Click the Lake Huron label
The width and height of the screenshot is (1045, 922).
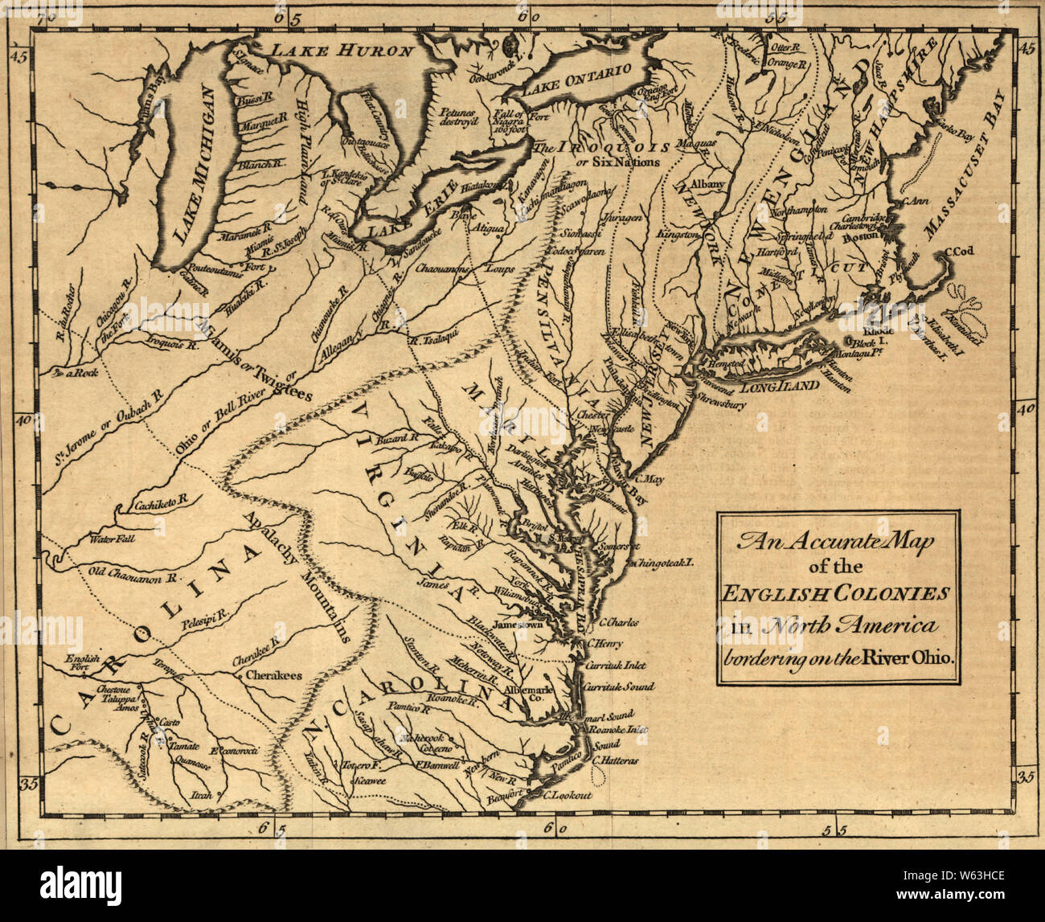(341, 51)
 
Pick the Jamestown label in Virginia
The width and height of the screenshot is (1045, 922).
(519, 624)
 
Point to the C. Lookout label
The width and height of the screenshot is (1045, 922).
(567, 795)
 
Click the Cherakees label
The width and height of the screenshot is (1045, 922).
(273, 675)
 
